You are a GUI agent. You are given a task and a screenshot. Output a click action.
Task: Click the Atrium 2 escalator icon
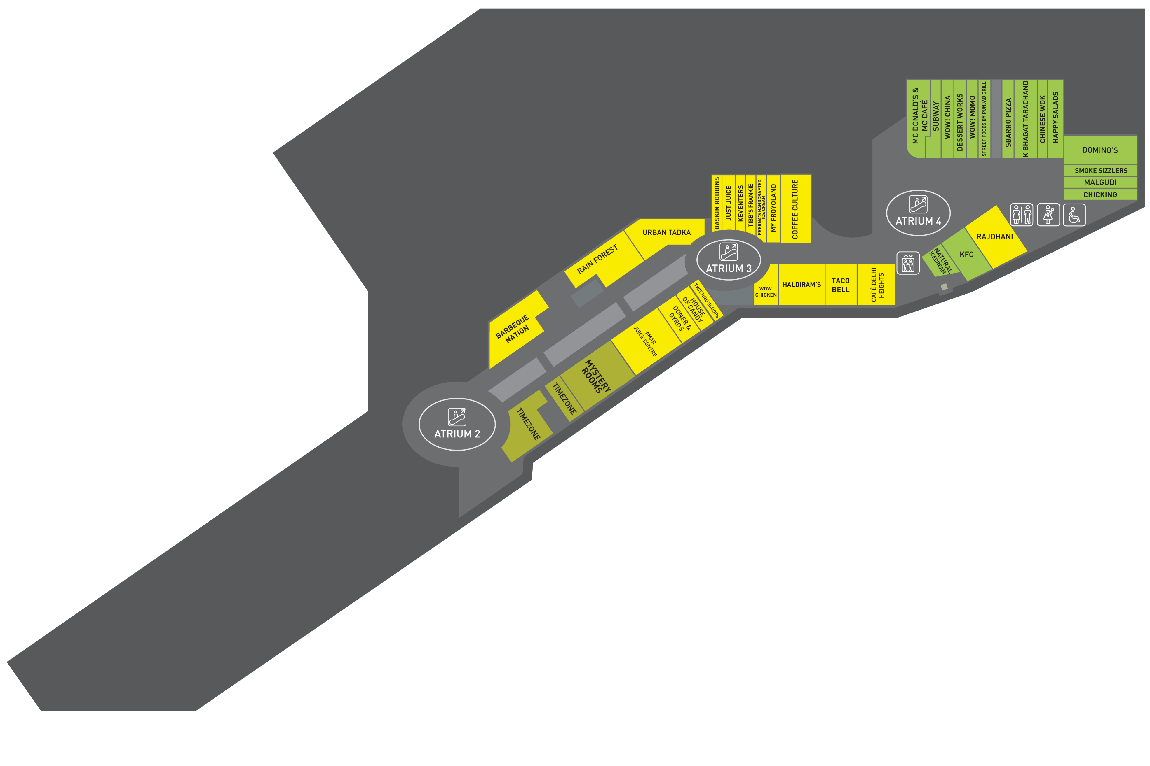click(457, 417)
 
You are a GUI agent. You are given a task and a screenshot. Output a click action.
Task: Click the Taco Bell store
click(841, 285)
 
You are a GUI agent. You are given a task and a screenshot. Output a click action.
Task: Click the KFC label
click(966, 255)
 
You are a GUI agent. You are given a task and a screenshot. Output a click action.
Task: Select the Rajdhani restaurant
click(994, 237)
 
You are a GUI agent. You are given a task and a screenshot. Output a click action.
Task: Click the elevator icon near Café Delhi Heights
click(908, 263)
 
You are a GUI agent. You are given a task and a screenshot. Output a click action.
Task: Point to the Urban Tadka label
click(666, 232)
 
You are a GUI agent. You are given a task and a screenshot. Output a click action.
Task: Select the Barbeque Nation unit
click(513, 329)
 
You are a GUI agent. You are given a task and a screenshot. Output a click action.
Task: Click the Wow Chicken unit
click(765, 292)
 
